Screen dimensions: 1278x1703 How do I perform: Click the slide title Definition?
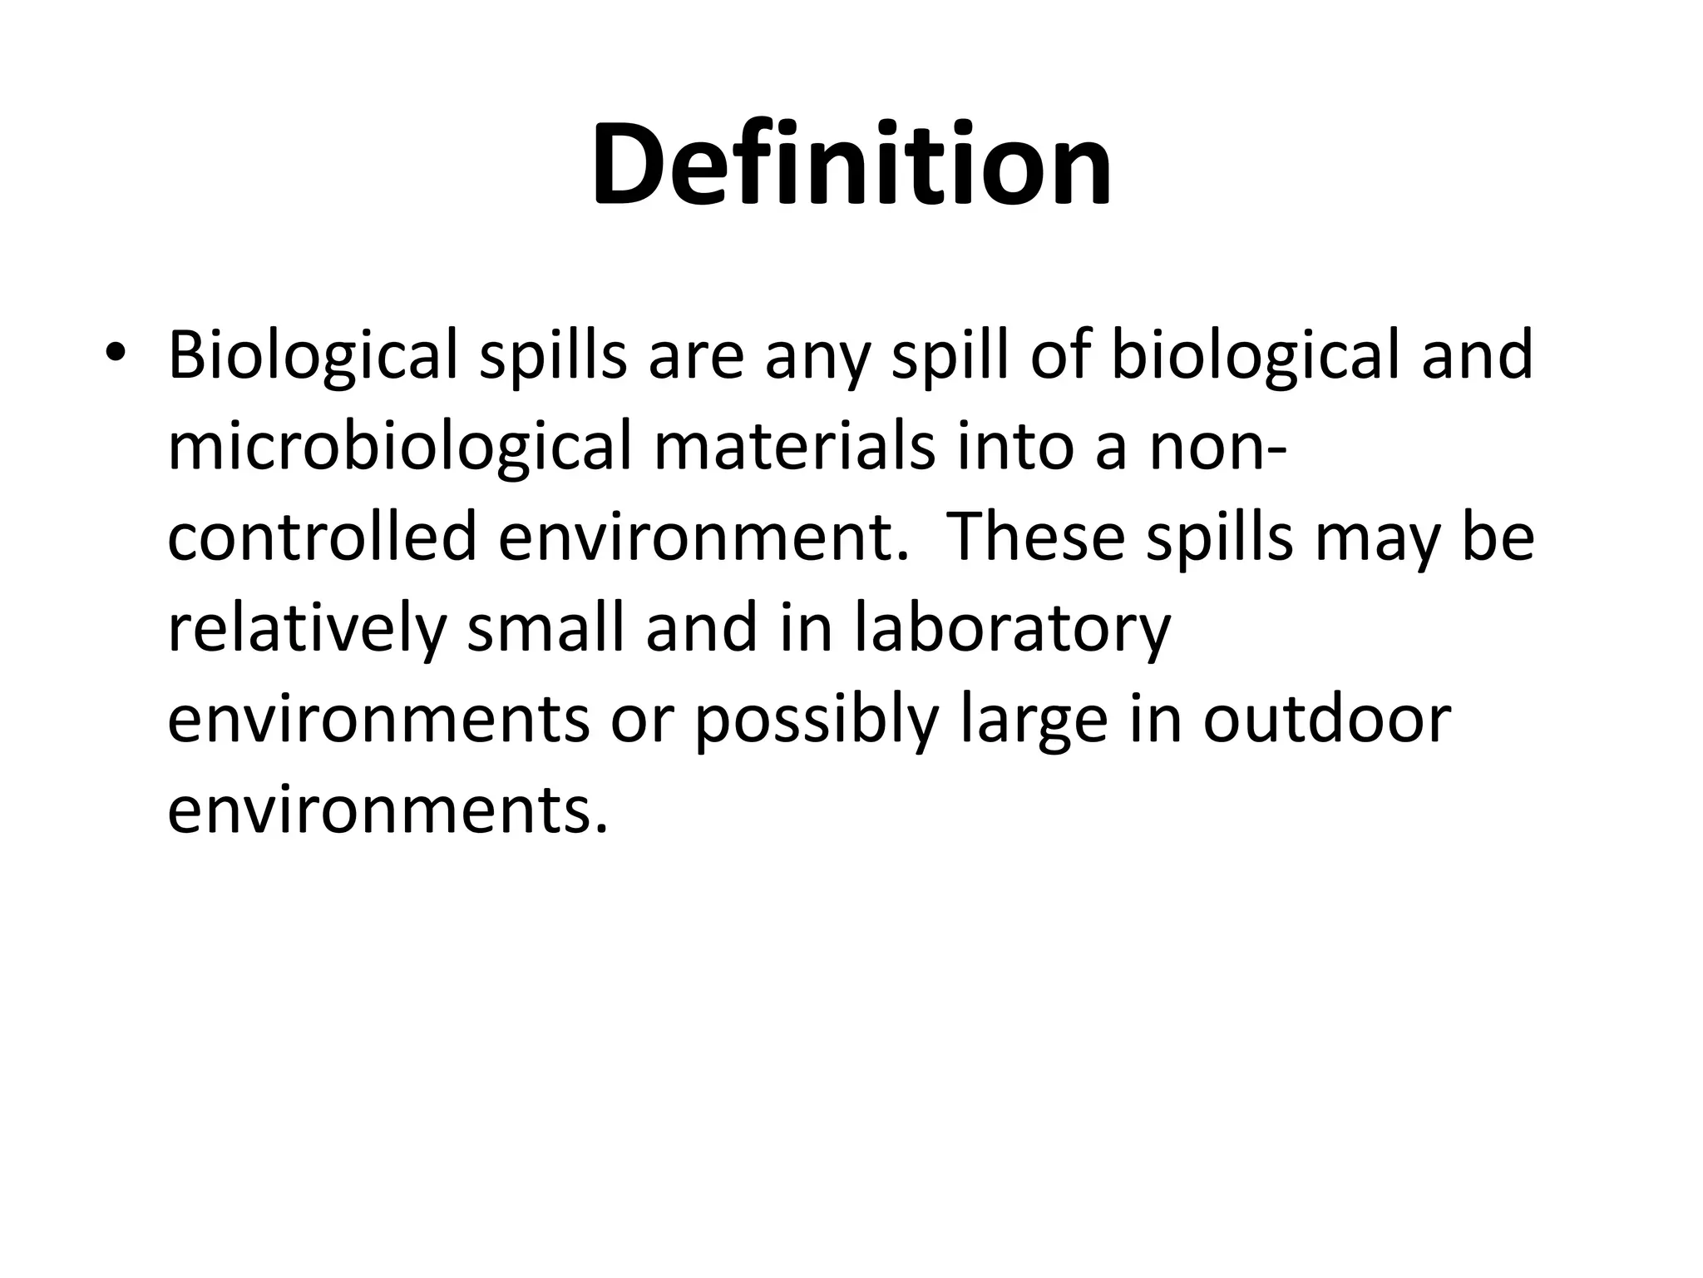pyautogui.click(x=851, y=164)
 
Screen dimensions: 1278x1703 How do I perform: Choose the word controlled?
pyautogui.click(x=321, y=537)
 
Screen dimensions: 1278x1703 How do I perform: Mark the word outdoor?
pyautogui.click(x=1327, y=720)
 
